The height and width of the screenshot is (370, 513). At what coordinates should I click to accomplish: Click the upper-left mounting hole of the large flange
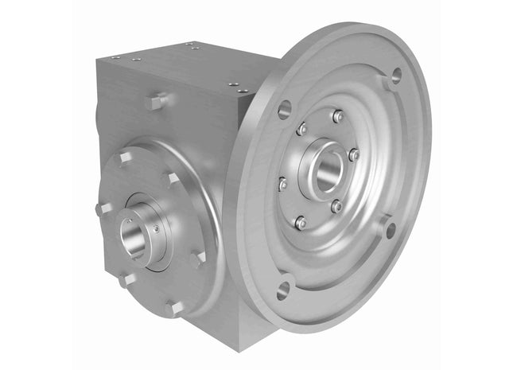pos(285,110)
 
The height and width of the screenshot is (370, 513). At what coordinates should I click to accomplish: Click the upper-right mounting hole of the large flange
pos(392,78)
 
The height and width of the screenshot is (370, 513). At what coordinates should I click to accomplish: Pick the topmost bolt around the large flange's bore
pos(338,117)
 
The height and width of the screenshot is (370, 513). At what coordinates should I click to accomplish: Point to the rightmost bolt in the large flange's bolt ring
pos(354,154)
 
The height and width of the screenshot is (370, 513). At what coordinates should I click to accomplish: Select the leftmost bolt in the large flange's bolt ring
pos(282,185)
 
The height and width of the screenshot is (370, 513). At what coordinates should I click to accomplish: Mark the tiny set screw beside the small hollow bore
pos(157,228)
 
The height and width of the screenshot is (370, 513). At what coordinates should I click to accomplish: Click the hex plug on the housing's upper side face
pos(157,101)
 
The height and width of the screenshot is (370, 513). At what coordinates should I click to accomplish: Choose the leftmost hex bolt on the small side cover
pos(102,209)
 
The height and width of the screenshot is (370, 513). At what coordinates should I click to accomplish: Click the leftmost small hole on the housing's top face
pos(114,57)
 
